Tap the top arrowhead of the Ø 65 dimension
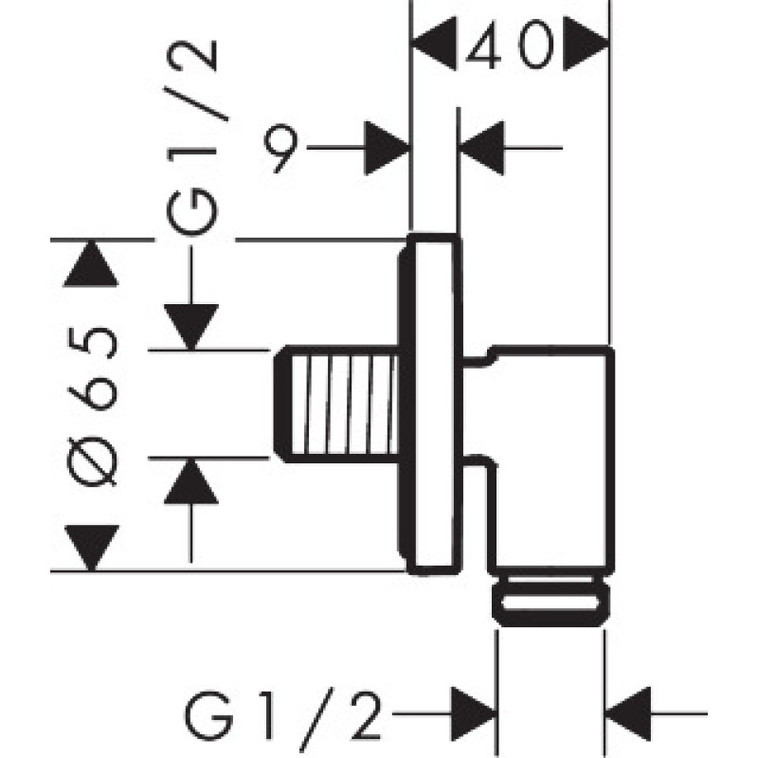pyautogui.click(x=91, y=264)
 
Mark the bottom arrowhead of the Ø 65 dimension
pyautogui.click(x=91, y=547)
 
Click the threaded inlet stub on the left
pyautogui.click(x=336, y=403)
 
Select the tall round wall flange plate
pyautogui.click(x=435, y=403)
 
